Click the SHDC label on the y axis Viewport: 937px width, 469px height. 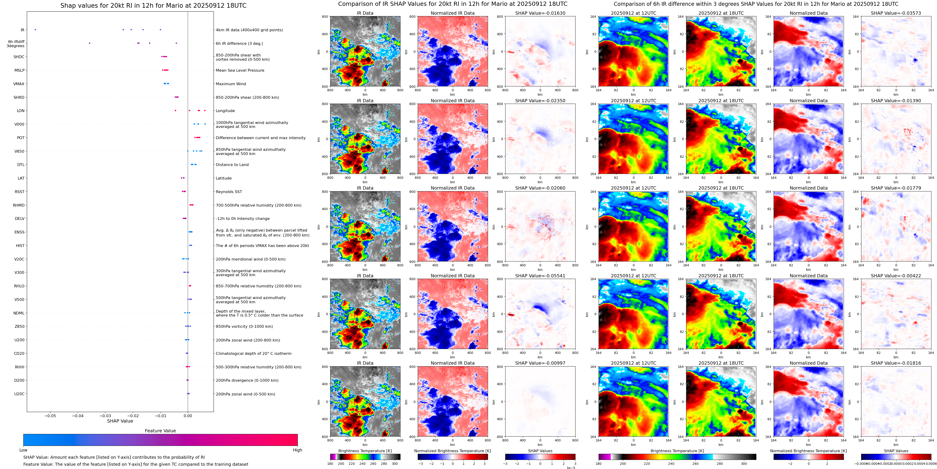19,57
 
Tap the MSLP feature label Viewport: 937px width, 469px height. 19,70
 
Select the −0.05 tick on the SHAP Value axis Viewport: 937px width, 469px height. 50,416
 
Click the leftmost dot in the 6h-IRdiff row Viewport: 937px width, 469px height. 89,43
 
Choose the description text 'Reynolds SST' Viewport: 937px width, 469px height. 229,192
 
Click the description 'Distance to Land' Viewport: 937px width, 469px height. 232,165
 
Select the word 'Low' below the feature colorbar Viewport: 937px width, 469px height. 23,450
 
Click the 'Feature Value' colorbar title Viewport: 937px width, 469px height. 160,431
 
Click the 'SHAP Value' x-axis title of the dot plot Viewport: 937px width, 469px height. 120,421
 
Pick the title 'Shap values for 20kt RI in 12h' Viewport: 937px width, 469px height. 153,5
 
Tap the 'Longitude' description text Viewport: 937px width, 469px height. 225,111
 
